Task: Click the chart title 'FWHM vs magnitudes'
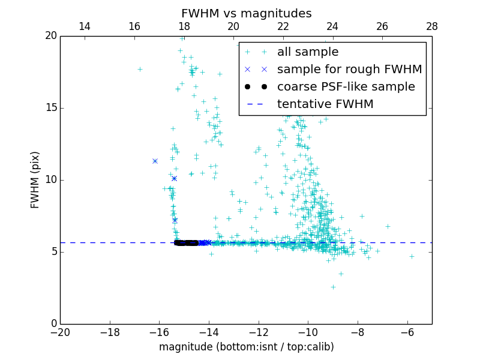click(246, 13)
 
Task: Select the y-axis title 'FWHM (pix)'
click(35, 179)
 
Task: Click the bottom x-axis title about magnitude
click(246, 347)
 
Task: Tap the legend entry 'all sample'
click(308, 52)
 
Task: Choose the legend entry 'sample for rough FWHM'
click(349, 69)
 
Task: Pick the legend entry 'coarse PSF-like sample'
click(346, 86)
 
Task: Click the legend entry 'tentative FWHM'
click(325, 104)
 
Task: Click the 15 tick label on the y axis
click(50, 108)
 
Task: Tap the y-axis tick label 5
click(53, 252)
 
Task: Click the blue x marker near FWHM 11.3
click(155, 161)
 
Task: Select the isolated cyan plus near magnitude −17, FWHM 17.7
click(140, 69)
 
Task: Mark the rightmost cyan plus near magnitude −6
click(412, 256)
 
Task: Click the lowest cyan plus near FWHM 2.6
click(333, 287)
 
